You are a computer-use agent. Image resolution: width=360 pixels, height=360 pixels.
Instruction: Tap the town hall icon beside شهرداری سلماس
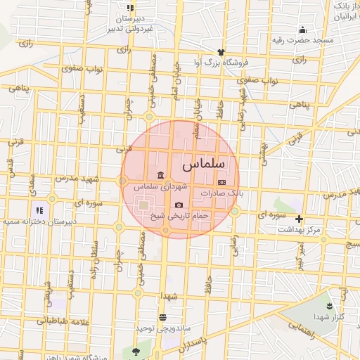point(161,175)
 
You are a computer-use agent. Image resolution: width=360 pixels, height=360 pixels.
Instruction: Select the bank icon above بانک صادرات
point(222,181)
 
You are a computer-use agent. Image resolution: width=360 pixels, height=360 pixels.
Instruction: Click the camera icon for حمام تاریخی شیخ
point(179,205)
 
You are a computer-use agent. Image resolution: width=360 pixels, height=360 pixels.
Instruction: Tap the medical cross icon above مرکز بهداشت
point(300,219)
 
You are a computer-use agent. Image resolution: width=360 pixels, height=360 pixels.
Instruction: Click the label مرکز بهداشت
point(300,229)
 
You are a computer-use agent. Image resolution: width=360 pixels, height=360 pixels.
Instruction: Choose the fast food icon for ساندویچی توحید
point(162,318)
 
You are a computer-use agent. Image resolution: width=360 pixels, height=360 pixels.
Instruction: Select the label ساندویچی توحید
point(164,328)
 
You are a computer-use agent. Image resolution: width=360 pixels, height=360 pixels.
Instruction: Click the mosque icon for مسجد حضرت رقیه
point(302,30)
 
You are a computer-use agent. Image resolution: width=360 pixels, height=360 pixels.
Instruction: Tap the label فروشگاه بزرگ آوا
point(222,63)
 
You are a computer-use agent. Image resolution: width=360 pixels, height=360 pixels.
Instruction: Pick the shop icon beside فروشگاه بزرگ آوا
point(222,52)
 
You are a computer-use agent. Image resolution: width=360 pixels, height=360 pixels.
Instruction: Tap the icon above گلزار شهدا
point(329,304)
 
